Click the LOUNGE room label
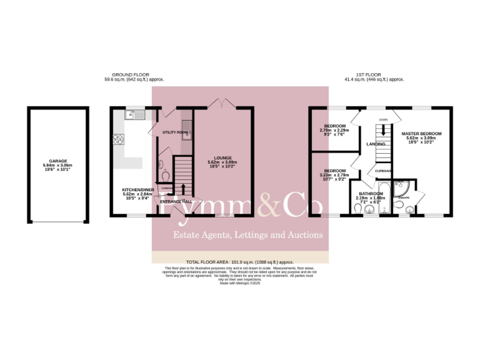coord(222,157)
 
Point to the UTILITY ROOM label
coord(174,132)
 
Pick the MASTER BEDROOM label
coord(422,134)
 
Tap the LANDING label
coord(376,144)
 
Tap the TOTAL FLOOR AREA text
coord(239,262)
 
